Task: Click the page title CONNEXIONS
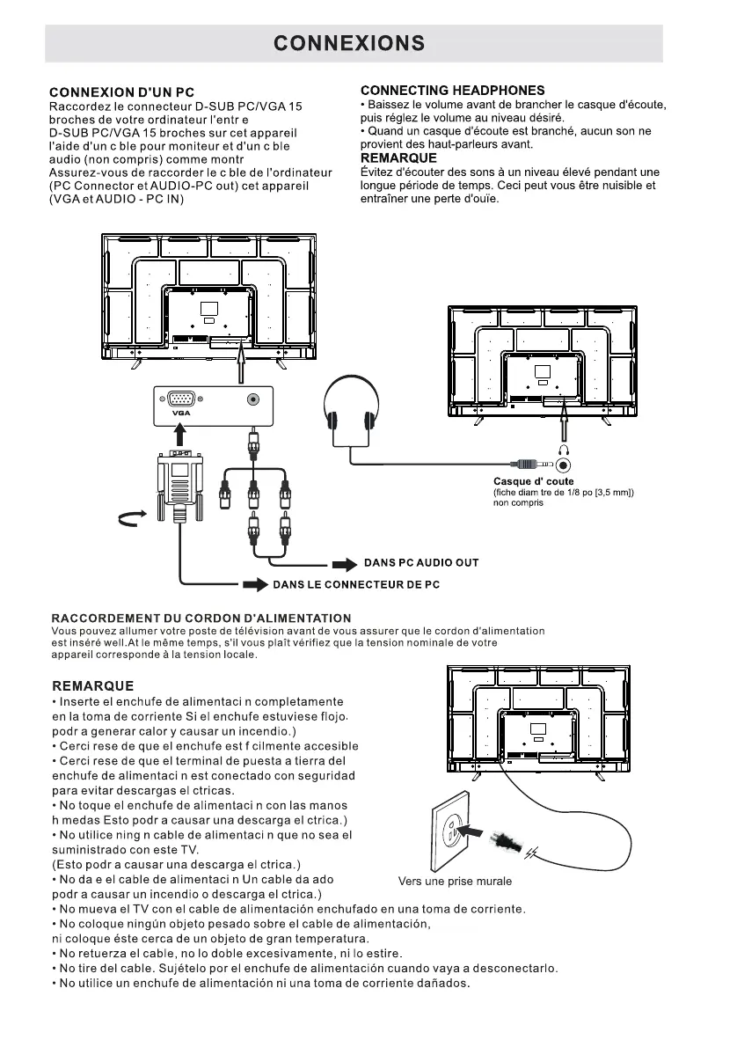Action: pyautogui.click(x=350, y=43)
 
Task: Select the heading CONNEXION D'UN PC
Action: pyautogui.click(x=121, y=92)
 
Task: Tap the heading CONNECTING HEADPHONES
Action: pyautogui.click(x=452, y=91)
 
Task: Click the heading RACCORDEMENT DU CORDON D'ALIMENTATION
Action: pyautogui.click(x=201, y=619)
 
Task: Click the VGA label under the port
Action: pyautogui.click(x=181, y=412)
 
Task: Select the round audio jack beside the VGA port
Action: pyautogui.click(x=253, y=399)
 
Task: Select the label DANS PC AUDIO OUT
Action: pyautogui.click(x=421, y=562)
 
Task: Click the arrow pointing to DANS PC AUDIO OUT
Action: pyautogui.click(x=344, y=563)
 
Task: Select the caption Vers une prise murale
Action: pyautogui.click(x=455, y=881)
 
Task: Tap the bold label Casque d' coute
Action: pyautogui.click(x=533, y=481)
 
